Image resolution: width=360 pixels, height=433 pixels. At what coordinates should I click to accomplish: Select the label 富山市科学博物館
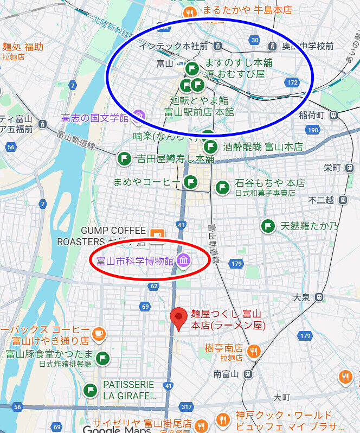135,260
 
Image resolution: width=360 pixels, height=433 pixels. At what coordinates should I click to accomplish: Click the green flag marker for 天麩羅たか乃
267,226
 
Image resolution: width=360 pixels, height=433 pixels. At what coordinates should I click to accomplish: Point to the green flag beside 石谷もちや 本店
222,187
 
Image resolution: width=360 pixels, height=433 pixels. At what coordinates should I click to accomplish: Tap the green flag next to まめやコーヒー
190,182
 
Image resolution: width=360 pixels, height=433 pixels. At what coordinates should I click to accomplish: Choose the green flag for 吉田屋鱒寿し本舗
124,159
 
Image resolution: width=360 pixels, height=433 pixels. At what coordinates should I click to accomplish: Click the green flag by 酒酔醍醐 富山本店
210,147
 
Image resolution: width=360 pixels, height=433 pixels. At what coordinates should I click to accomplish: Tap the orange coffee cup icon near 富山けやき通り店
98,333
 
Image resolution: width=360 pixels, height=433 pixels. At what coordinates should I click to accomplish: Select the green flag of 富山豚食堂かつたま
102,358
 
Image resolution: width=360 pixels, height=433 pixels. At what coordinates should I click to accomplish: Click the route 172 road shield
292,82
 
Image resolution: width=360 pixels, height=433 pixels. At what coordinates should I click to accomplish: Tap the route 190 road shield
313,130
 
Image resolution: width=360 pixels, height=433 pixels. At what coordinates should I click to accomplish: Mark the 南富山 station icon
248,374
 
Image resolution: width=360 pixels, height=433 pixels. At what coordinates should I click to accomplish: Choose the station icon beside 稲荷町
333,115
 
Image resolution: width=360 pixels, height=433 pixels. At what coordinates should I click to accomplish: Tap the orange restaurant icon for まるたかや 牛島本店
190,13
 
